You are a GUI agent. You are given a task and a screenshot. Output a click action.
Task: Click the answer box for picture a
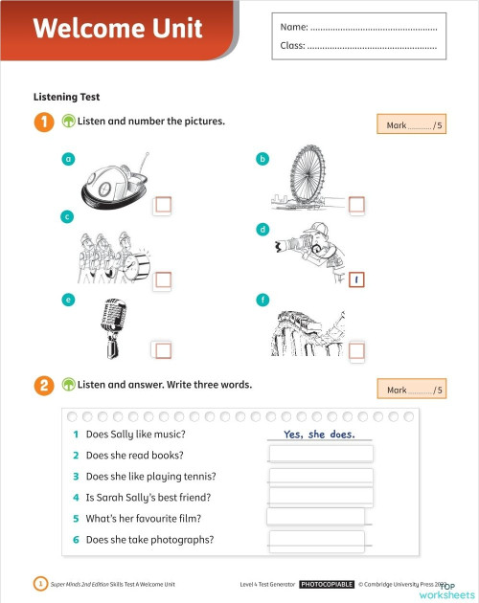click(x=163, y=204)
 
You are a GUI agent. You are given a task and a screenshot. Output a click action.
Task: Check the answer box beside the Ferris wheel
click(x=357, y=204)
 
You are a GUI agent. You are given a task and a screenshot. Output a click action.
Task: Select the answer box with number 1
click(x=357, y=280)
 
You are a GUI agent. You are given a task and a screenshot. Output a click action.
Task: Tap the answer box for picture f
click(x=357, y=351)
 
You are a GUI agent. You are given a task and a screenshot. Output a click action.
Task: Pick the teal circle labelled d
click(x=262, y=230)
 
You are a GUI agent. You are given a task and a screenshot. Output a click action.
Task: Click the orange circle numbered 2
click(x=43, y=386)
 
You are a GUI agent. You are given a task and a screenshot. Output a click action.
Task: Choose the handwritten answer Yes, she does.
click(x=320, y=435)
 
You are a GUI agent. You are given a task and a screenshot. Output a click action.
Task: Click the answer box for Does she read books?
click(x=321, y=455)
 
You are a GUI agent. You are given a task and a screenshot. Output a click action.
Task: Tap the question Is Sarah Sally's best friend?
click(x=148, y=498)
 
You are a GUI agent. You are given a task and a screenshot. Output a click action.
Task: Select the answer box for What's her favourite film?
click(x=316, y=518)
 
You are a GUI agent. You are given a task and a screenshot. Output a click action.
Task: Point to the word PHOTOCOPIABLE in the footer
click(x=327, y=584)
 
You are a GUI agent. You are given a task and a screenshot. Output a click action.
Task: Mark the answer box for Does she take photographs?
click(x=316, y=541)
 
